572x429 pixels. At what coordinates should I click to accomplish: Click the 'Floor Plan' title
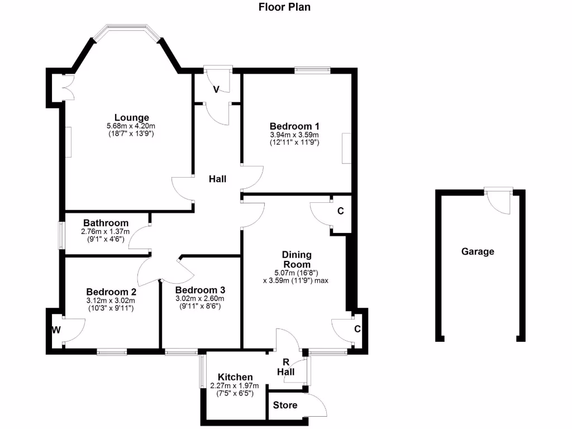pyautogui.click(x=284, y=7)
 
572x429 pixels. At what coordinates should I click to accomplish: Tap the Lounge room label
pyautogui.click(x=132, y=117)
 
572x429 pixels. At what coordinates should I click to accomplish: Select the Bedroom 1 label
pyautogui.click(x=294, y=126)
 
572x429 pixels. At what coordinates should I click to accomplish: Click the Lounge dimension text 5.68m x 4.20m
pyautogui.click(x=131, y=126)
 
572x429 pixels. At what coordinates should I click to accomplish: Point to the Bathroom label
pyautogui.click(x=106, y=223)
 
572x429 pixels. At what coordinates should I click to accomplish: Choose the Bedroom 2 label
pyautogui.click(x=111, y=292)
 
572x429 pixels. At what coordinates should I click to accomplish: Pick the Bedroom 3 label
pyautogui.click(x=200, y=290)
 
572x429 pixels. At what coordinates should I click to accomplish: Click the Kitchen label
pyautogui.click(x=235, y=377)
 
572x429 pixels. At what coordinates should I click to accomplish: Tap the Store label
pyautogui.click(x=285, y=405)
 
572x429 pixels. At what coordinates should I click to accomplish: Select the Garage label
pyautogui.click(x=478, y=251)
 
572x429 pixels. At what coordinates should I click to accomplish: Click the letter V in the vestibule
pyautogui.click(x=217, y=89)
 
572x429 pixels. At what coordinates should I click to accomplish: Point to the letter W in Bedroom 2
pyautogui.click(x=56, y=330)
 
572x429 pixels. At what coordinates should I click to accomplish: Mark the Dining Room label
pyautogui.click(x=297, y=259)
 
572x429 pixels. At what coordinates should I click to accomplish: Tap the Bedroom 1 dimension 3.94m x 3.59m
pyautogui.click(x=294, y=135)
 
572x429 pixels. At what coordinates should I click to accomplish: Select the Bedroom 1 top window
pyautogui.click(x=312, y=70)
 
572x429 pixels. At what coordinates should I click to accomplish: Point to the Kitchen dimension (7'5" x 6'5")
pyautogui.click(x=235, y=394)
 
